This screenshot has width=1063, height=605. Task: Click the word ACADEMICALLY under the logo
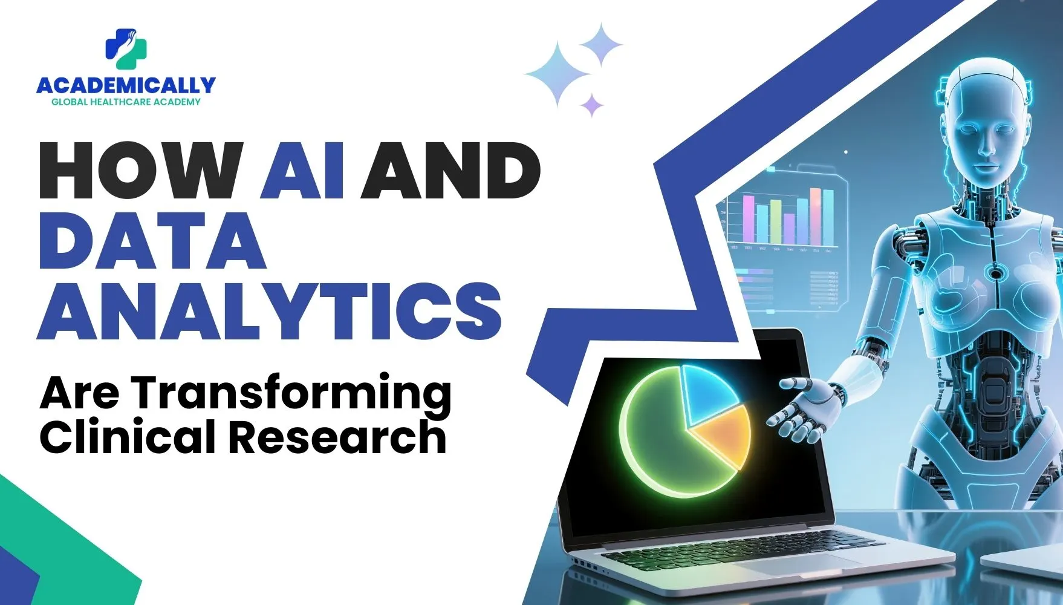(126, 85)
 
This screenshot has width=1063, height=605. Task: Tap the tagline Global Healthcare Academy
(126, 102)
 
